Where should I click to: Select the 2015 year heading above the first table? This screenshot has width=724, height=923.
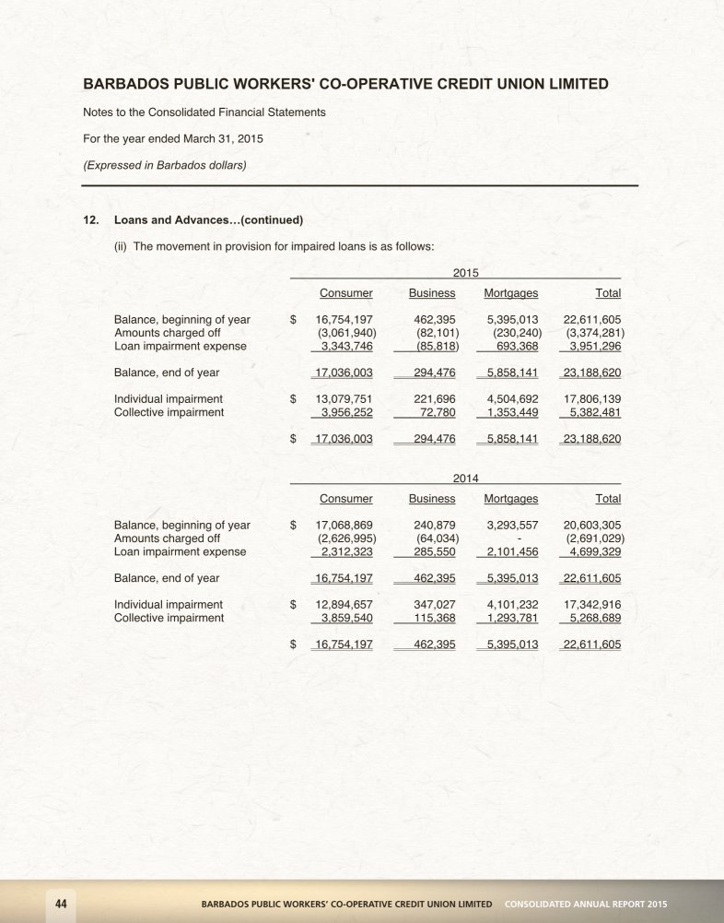click(466, 273)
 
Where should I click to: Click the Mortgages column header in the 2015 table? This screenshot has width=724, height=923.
click(510, 293)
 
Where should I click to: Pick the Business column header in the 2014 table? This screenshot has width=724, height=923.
click(432, 499)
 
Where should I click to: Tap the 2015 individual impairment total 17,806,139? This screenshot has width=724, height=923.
click(591, 399)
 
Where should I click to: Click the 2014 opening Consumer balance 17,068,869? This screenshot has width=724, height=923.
click(344, 526)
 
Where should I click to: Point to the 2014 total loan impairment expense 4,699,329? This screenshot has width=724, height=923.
click(592, 551)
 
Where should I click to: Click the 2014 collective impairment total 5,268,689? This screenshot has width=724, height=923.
click(592, 618)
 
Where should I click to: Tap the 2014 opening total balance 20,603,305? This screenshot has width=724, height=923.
click(591, 526)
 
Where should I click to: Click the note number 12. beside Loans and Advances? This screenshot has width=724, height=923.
click(91, 220)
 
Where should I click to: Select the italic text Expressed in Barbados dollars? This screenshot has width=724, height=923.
click(165, 166)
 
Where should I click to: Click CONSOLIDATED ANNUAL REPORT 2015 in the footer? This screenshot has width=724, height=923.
click(586, 902)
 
